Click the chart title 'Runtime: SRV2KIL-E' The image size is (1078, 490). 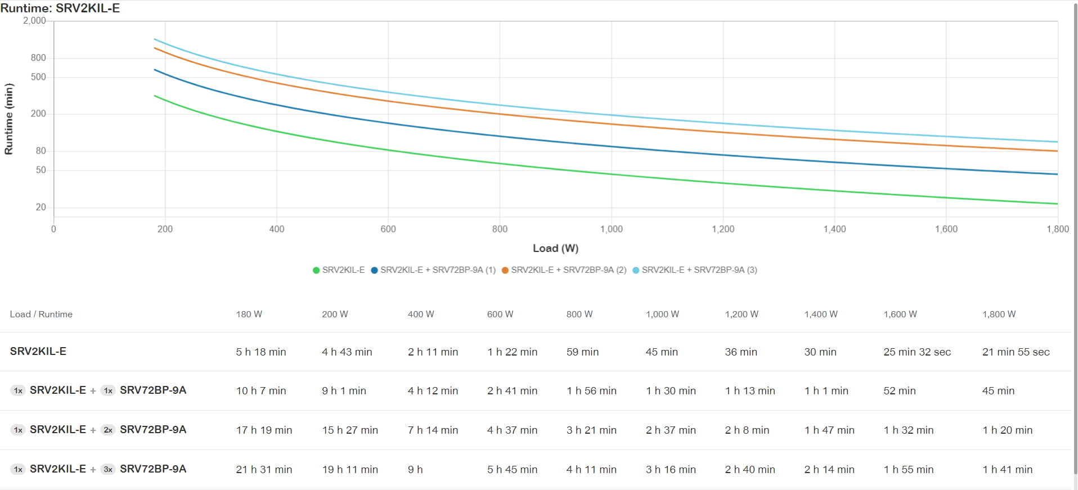60,8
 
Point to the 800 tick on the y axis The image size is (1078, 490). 38,58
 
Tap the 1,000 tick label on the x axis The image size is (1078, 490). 612,229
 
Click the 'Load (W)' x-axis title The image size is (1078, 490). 555,248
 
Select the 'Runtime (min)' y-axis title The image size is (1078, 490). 9,119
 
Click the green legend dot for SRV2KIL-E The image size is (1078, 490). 316,270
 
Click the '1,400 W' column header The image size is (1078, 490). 821,314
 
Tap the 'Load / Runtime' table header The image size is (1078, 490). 41,314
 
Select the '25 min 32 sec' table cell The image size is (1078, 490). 917,352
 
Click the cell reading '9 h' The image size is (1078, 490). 415,470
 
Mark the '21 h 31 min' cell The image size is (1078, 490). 264,470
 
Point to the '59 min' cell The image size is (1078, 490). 582,352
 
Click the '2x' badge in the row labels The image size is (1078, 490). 108,430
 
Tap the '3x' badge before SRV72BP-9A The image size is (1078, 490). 108,470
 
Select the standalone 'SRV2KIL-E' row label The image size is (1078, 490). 38,352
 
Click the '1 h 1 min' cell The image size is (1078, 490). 826,391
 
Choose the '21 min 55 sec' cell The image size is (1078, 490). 1016,352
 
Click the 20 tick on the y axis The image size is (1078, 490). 41,207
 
